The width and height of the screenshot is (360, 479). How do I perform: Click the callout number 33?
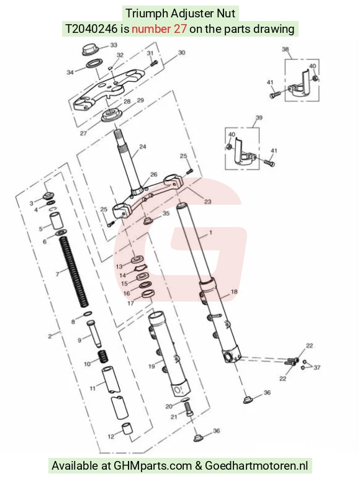(x=114, y=45)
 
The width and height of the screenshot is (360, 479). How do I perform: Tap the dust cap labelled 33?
(x=90, y=50)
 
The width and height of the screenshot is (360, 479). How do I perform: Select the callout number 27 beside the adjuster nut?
(x=83, y=133)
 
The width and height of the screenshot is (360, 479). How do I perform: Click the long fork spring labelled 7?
(x=75, y=272)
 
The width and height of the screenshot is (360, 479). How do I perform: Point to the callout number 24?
(x=143, y=146)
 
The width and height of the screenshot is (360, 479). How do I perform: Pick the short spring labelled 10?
(x=104, y=357)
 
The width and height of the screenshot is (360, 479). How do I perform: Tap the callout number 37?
(x=317, y=367)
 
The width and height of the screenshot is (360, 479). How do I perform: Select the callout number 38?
(x=285, y=49)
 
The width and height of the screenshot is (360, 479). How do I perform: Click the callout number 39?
(x=259, y=118)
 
